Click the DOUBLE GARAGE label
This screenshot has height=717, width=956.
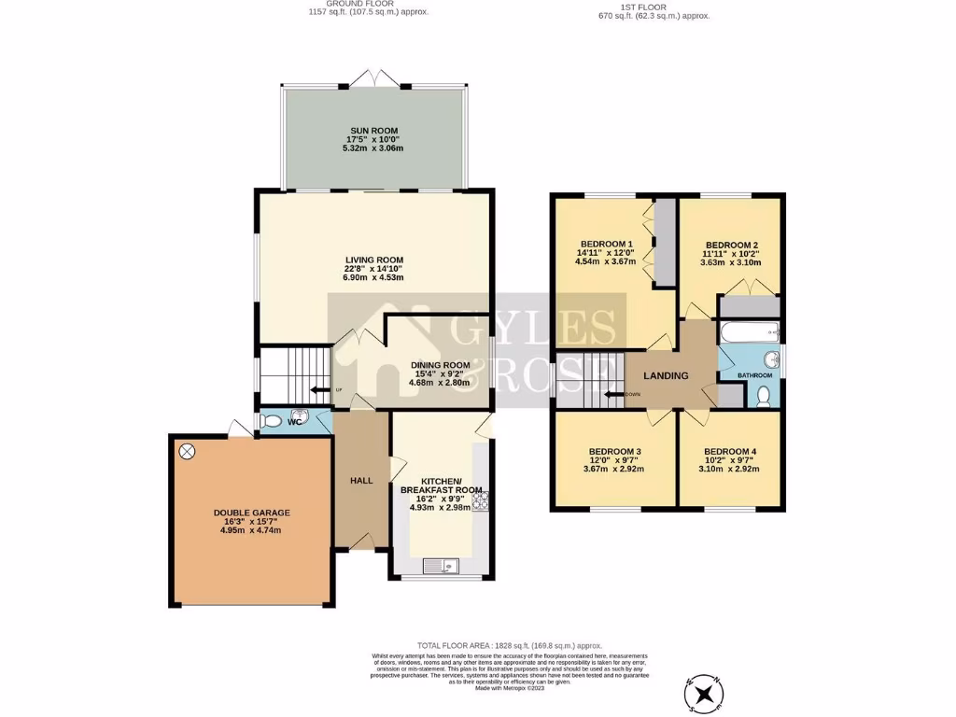[251, 513]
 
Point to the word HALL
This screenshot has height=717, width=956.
[361, 481]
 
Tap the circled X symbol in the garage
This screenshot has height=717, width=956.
[187, 452]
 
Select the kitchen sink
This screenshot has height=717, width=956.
[440, 564]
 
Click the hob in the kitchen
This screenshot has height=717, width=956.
[482, 503]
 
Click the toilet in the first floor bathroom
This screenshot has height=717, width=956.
[763, 396]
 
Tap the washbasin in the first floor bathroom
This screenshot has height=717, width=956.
[771, 360]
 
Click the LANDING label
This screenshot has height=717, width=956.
[666, 375]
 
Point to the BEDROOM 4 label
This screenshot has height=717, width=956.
[729, 452]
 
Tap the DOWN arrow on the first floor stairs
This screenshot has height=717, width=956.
[614, 394]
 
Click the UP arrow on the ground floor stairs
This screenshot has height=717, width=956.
[318, 389]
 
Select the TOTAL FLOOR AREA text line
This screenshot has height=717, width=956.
[510, 645]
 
